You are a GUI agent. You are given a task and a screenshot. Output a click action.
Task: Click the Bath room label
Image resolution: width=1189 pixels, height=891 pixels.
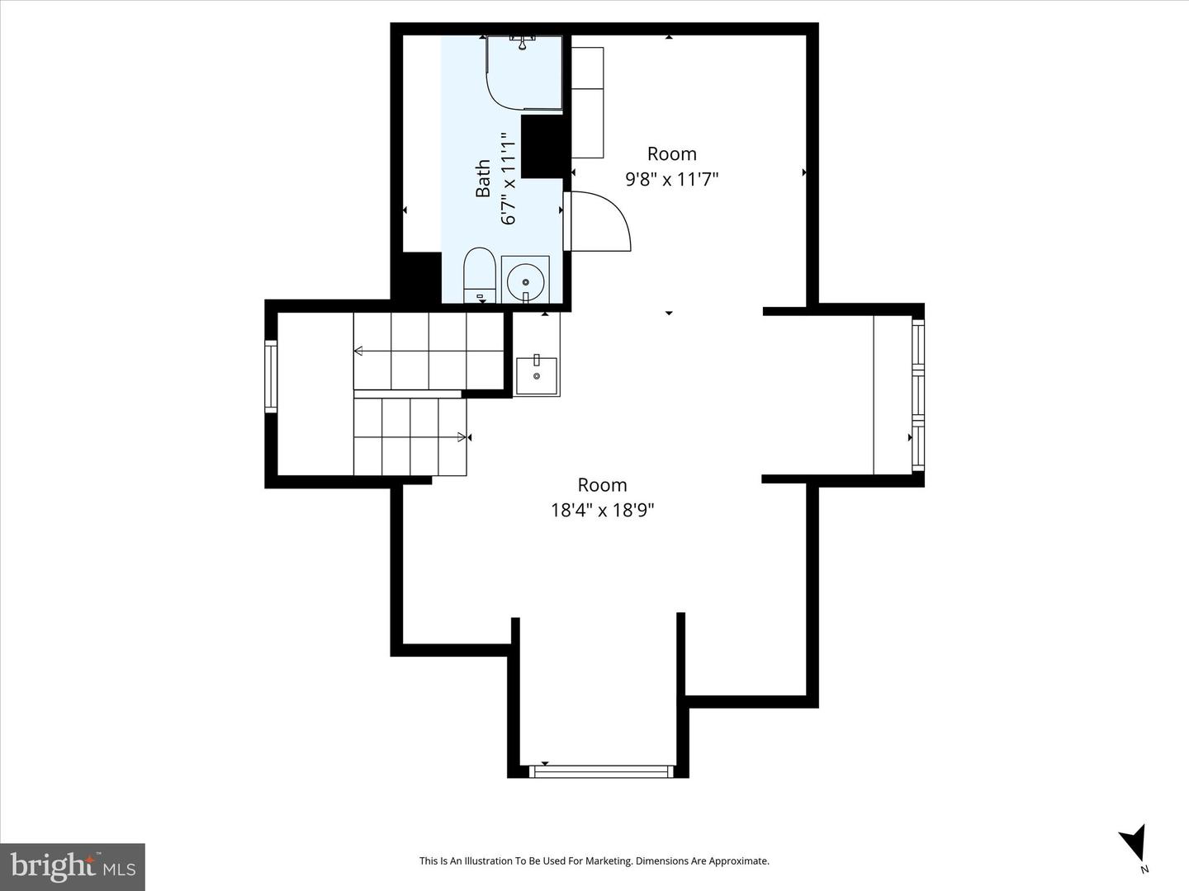tap(483, 178)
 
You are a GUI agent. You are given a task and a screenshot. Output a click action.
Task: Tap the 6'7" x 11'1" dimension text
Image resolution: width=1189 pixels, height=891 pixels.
tap(508, 178)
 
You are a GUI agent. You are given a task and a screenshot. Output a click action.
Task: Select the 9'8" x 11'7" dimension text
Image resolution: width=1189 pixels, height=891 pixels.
tap(671, 179)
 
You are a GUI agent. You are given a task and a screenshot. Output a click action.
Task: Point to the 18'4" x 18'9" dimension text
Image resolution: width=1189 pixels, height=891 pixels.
tap(603, 510)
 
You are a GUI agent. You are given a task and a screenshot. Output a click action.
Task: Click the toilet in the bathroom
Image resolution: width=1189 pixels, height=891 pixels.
tap(480, 275)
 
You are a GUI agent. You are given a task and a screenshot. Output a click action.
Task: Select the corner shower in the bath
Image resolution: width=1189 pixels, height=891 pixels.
tap(524, 73)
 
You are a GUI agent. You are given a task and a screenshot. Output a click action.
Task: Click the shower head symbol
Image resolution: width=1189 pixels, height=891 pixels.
tap(522, 42)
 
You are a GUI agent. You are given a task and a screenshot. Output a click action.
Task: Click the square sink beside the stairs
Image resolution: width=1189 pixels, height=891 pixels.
tap(536, 375)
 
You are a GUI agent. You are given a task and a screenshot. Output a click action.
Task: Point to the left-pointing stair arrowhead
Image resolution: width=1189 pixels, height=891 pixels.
tap(358, 351)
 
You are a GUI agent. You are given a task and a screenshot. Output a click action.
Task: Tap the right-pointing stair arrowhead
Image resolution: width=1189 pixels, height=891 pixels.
tap(462, 437)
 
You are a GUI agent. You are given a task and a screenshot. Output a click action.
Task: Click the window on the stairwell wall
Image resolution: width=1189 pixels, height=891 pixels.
tap(271, 376)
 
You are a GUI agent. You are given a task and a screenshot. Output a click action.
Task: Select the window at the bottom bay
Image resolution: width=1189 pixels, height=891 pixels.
tap(601, 771)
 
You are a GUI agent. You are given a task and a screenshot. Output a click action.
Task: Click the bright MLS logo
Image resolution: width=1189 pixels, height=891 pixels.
tap(73, 867)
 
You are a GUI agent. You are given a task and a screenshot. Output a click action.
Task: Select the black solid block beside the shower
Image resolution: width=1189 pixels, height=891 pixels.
tap(544, 147)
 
